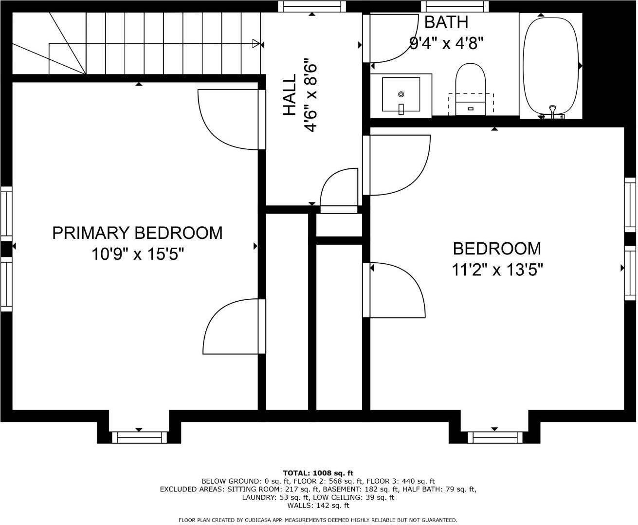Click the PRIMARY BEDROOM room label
click(x=137, y=233)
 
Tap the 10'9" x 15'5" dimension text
click(x=137, y=254)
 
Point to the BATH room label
click(x=446, y=22)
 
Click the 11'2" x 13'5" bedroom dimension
click(x=497, y=269)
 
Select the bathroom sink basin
click(x=401, y=94)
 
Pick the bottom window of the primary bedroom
click(x=139, y=437)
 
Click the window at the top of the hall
click(x=312, y=6)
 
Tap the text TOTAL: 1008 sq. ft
click(x=318, y=473)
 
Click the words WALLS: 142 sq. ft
click(x=318, y=506)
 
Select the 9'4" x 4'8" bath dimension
click(x=446, y=44)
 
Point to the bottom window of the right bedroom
click(x=494, y=437)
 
